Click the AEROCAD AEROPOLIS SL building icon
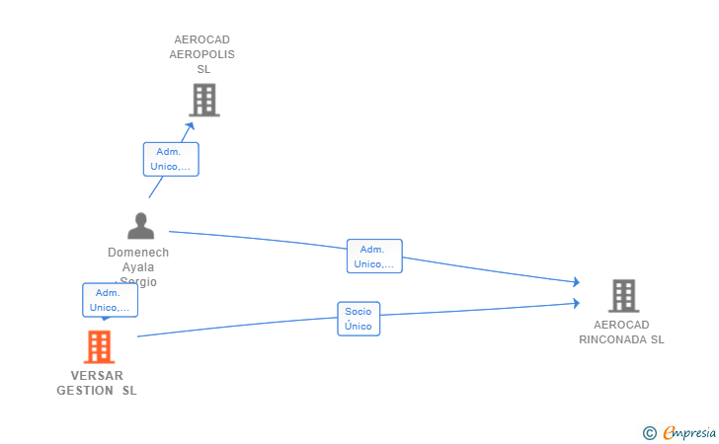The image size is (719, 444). coord(203,100)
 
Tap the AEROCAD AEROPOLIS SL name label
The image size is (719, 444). coord(202,54)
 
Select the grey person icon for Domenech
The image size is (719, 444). coord(141,226)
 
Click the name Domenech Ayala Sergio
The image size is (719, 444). coord(138,266)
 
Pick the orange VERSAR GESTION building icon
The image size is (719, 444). coord(98,347)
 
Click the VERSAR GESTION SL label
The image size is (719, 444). coord(97,383)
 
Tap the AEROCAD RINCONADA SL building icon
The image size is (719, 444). coord(623,295)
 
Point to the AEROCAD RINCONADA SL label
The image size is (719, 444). coord(622,332)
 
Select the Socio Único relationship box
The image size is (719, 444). coord(359,319)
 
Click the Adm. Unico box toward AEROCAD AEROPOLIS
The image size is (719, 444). coord(171,159)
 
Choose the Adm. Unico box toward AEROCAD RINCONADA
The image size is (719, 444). coord(374,257)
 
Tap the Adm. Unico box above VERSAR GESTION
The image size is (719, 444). coord(110,300)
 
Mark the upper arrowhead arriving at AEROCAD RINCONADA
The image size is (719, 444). coord(576,282)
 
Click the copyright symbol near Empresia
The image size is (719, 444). coord(649,432)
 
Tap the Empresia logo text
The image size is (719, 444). coord(689,431)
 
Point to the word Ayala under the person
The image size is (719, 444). coord(138,267)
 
